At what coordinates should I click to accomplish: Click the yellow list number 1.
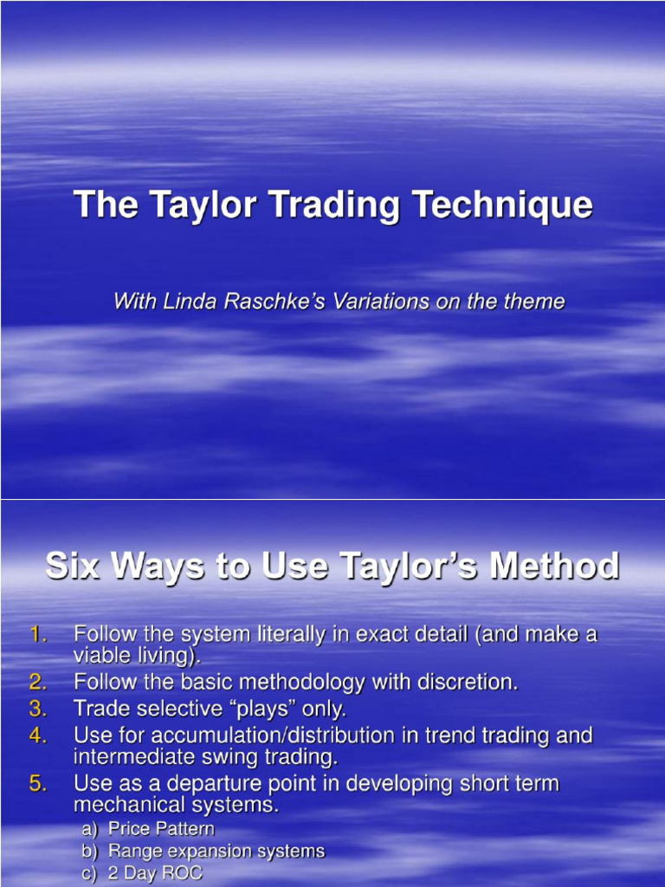[x=38, y=634]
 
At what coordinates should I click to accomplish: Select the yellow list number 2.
[x=38, y=682]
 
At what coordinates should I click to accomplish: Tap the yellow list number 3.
[x=38, y=709]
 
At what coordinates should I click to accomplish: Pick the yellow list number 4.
[x=38, y=735]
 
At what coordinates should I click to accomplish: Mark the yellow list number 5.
[x=38, y=784]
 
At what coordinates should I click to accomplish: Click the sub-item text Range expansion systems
[x=216, y=851]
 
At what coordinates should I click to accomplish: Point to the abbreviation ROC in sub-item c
[x=180, y=874]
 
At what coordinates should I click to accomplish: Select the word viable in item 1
[x=100, y=655]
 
